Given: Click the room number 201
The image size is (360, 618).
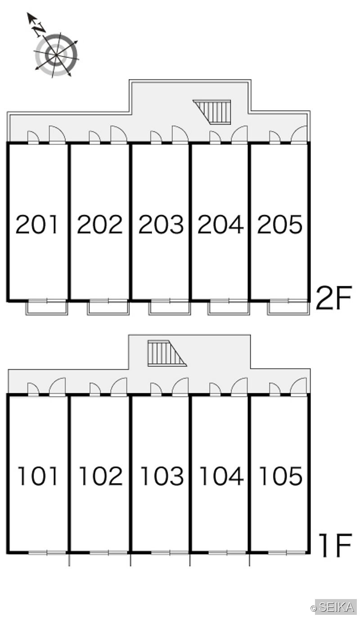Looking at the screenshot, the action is pyautogui.click(x=37, y=224).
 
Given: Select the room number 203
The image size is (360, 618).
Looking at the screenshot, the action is pyautogui.click(x=161, y=224).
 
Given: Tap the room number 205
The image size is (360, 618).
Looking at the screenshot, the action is pyautogui.click(x=280, y=224).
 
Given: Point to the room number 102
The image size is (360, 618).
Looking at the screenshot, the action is pyautogui.click(x=101, y=476).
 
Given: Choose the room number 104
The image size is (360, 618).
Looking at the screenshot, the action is pyautogui.click(x=221, y=476).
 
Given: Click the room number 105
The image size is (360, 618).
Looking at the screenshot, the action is pyautogui.click(x=281, y=476).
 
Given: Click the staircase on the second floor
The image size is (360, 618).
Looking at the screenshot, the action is pyautogui.click(x=212, y=112).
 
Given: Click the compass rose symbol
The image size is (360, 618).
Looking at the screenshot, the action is pyautogui.click(x=57, y=55).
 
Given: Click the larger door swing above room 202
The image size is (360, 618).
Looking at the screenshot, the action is pyautogui.click(x=119, y=135).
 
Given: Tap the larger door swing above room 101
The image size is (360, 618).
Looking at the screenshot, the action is pyautogui.click(x=58, y=387).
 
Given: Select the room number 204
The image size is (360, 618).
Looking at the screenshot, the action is pyautogui.click(x=220, y=224).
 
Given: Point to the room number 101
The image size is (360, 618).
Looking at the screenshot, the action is pyautogui.click(x=38, y=476).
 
